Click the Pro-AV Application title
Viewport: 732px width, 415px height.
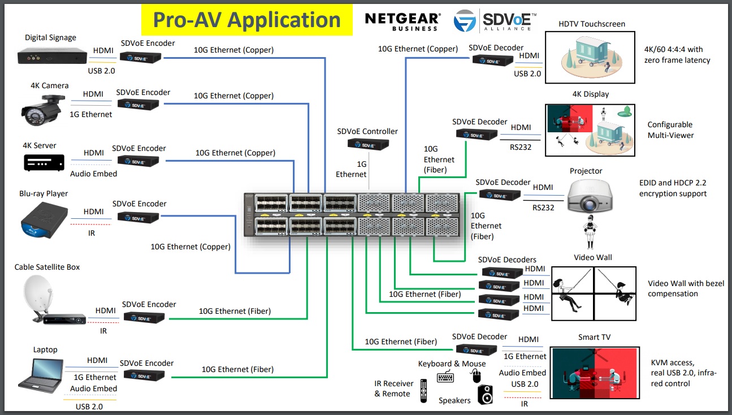(x=246, y=20)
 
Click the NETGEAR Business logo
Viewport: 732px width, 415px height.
(x=402, y=21)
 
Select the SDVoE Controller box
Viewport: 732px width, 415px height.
(x=367, y=145)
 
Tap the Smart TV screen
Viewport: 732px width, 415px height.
(x=595, y=374)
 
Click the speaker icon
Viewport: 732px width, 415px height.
(x=486, y=395)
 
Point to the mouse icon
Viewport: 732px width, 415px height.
(x=476, y=375)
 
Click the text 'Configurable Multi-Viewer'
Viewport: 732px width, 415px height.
(x=670, y=130)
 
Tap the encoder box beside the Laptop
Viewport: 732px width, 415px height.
(x=144, y=375)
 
